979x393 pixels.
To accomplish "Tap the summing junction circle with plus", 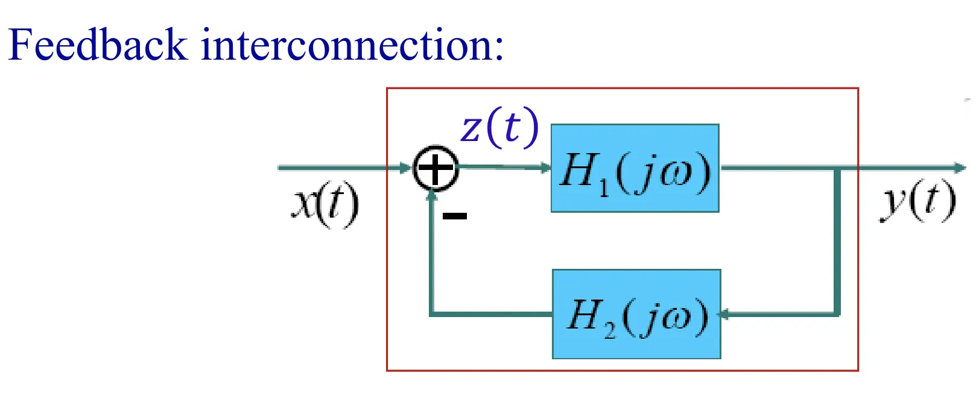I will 435,168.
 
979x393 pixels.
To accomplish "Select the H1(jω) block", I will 635,168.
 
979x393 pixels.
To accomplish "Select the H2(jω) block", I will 636,314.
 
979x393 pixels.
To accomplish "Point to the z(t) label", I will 499,127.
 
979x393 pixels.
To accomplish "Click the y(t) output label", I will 917,201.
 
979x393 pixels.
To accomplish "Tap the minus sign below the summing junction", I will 455,216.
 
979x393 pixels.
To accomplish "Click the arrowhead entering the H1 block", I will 546,168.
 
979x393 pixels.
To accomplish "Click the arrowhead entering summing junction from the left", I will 407,168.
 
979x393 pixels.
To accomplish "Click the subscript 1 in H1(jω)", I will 604,187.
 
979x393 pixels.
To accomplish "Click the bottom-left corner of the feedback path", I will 432,313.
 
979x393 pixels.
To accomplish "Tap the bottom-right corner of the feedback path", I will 837,313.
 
